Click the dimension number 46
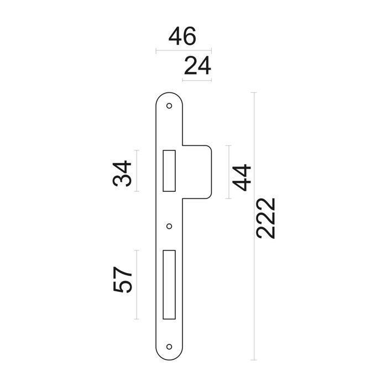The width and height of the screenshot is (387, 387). tap(182, 38)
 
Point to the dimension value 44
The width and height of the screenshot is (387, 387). tap(242, 177)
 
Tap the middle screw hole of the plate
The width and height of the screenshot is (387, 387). tap(170, 226)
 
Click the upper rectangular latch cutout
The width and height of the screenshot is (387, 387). tap(169, 170)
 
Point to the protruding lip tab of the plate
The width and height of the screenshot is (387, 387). tap(198, 171)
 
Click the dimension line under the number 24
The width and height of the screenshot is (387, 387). tap(197, 81)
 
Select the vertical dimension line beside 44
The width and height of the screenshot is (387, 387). tap(228, 171)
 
